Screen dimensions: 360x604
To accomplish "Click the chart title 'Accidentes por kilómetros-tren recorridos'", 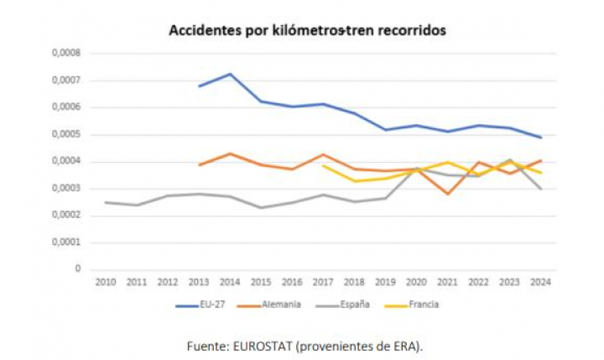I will click(307, 30).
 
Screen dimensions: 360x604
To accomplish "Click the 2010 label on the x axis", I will click(107, 282).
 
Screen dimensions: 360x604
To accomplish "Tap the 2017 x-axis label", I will click(322, 282).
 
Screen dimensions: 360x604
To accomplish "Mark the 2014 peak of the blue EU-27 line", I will click(230, 74).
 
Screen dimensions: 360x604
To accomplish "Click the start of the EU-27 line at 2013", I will click(199, 86).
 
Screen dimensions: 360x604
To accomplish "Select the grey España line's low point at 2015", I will click(261, 207).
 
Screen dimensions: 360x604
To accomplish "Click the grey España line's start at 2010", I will click(107, 202).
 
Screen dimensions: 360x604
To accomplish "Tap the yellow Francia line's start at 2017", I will click(322, 165).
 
